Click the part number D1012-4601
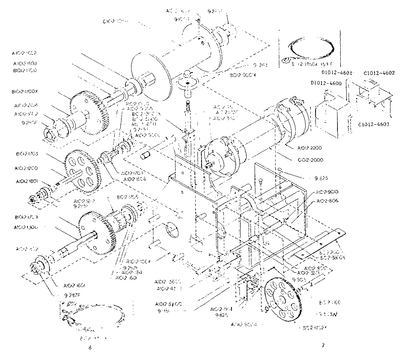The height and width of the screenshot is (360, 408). pos(338,73)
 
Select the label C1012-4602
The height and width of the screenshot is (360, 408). pos(379,73)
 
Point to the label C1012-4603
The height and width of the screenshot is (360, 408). pos(374,124)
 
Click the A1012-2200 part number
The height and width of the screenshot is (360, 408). pos(309,148)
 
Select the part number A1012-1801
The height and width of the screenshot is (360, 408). pos(26,181)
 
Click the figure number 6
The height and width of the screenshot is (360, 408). pos(90,347)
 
